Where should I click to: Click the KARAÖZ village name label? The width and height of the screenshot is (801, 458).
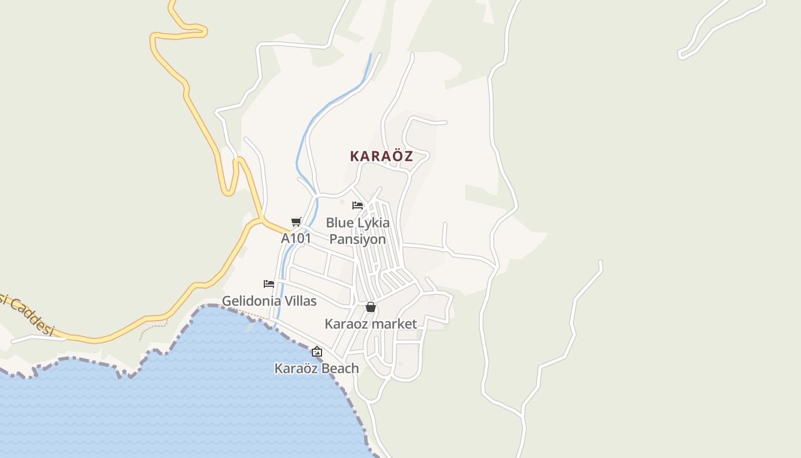click(x=381, y=156)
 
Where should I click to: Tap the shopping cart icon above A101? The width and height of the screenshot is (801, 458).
click(x=296, y=222)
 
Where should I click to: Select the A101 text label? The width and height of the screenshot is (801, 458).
click(x=296, y=238)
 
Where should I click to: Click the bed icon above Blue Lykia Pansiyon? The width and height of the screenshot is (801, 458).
click(x=358, y=206)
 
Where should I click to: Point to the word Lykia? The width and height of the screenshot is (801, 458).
click(x=374, y=223)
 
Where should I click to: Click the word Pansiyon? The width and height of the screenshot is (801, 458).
click(x=358, y=239)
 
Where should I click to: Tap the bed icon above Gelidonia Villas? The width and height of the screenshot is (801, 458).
click(x=269, y=284)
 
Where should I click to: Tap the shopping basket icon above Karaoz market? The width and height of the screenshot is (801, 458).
click(x=370, y=307)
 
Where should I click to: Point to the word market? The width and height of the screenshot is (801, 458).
click(x=394, y=324)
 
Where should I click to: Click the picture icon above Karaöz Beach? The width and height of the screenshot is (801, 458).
click(x=316, y=352)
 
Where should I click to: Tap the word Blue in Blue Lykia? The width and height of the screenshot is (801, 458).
click(x=338, y=223)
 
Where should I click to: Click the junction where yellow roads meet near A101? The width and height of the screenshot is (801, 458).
click(x=261, y=219)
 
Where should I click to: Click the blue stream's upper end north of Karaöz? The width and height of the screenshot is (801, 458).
click(x=370, y=54)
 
